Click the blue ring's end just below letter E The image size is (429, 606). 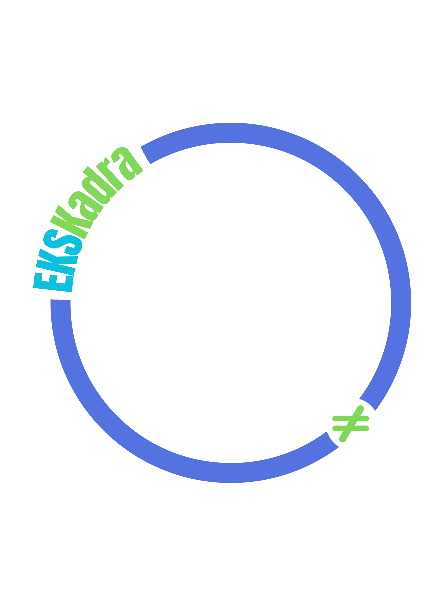61,300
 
